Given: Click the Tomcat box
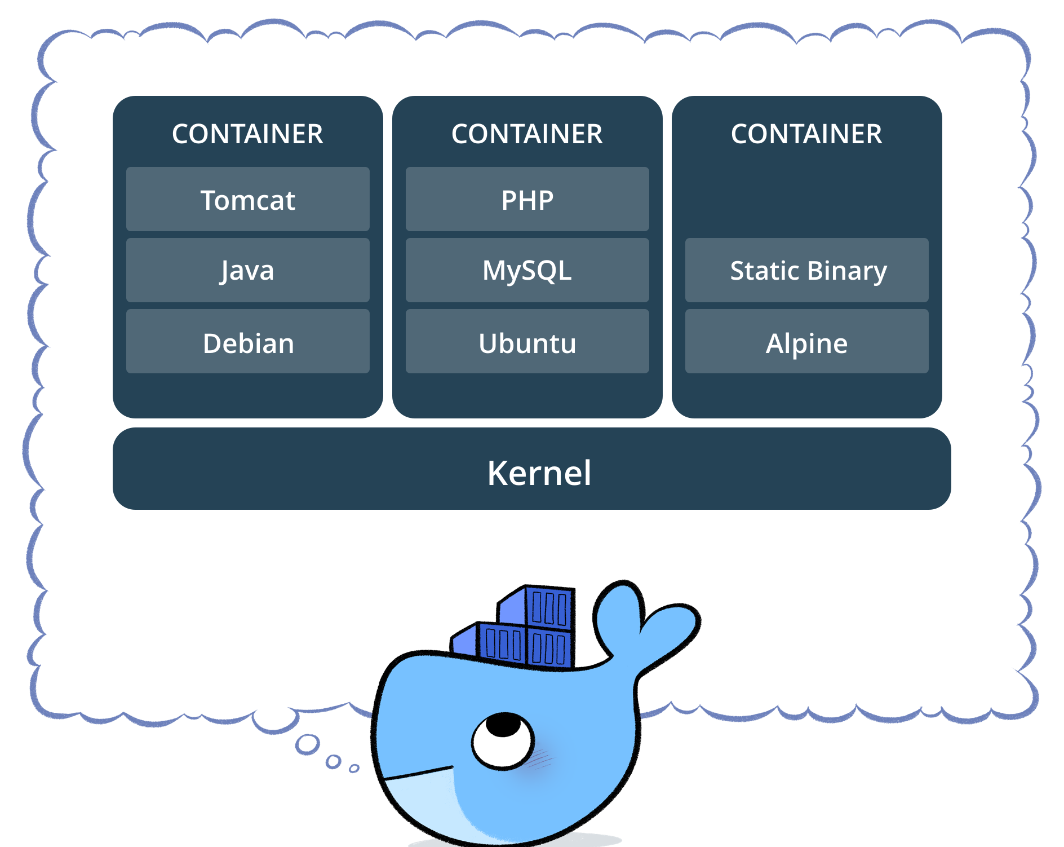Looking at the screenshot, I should tap(247, 199).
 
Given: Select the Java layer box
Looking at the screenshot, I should tap(247, 270).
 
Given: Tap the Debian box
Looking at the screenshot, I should tap(247, 342).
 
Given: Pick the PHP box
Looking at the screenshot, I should tap(527, 199).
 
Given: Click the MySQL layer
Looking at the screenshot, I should tap(527, 270).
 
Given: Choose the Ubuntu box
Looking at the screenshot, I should tap(527, 342).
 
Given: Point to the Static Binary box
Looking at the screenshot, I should tap(806, 270).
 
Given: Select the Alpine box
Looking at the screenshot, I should tap(806, 342).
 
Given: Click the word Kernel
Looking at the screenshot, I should tap(539, 472).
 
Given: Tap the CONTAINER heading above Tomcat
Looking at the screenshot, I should tap(247, 134).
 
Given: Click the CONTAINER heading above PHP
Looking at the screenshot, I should tap(527, 134).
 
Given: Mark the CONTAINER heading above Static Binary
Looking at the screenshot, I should tap(806, 134).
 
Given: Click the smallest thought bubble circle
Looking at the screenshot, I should tap(354, 768).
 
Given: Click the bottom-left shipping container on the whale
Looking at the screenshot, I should tap(502, 643).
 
